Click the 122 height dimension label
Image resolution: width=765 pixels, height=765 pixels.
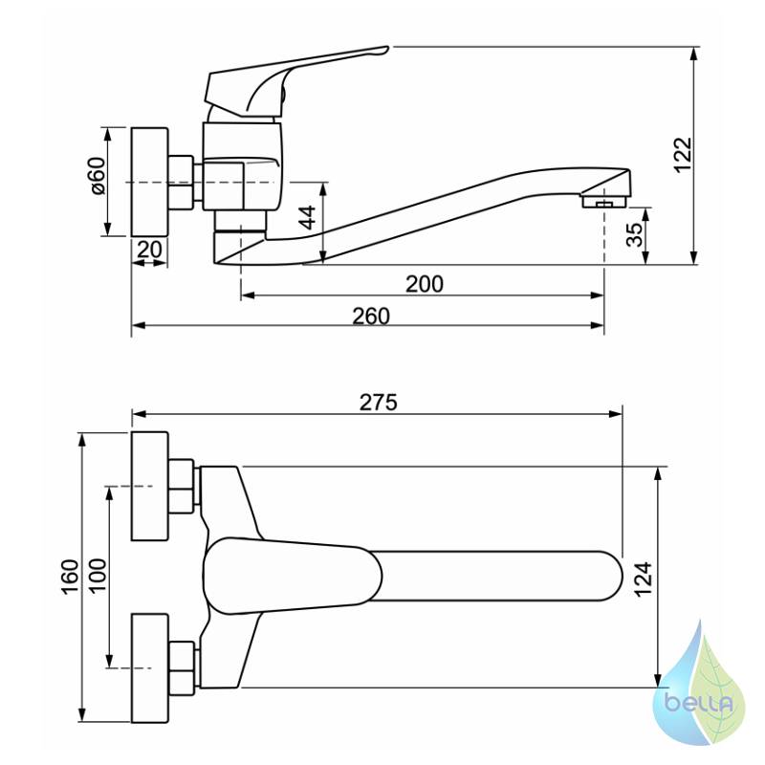pyautogui.click(x=684, y=155)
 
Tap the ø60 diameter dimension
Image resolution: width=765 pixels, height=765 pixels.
pyautogui.click(x=98, y=176)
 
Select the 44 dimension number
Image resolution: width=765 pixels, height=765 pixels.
pyautogui.click(x=307, y=218)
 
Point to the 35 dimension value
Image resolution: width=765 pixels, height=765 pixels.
pyautogui.click(x=635, y=235)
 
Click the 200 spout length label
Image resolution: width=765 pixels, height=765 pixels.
pyautogui.click(x=425, y=284)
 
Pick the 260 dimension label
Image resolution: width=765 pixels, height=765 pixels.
pyautogui.click(x=371, y=317)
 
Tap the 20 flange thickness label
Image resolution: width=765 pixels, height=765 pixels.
pyautogui.click(x=149, y=250)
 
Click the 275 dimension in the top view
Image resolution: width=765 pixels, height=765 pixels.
pyautogui.click(x=379, y=403)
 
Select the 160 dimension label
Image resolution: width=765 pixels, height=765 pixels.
pyautogui.click(x=70, y=577)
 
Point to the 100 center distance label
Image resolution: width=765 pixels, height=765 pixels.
pyautogui.click(x=98, y=576)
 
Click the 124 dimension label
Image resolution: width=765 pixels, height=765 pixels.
pyautogui.click(x=643, y=579)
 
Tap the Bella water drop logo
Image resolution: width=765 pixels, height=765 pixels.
pyautogui.click(x=700, y=693)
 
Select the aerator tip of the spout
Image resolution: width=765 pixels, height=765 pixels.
pyautogui.click(x=604, y=201)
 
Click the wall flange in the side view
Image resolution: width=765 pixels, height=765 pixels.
pyautogui.click(x=150, y=183)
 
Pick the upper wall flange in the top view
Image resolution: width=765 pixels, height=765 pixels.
pyautogui.click(x=150, y=486)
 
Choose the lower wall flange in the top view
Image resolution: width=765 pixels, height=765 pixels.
pyautogui.click(x=150, y=667)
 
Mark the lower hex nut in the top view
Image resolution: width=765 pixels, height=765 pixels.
pyautogui.click(x=182, y=665)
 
